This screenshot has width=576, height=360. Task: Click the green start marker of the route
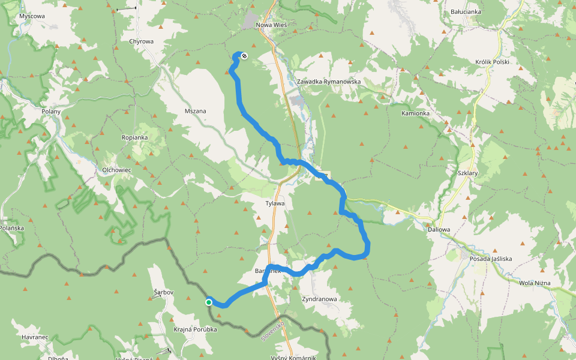point(209,302)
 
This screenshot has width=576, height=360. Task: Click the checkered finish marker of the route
point(244,56)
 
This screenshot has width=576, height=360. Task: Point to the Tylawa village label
point(275,203)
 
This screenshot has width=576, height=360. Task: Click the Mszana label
point(196,111)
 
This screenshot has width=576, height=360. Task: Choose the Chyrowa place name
point(142,41)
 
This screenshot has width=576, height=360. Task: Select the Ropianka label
point(134,137)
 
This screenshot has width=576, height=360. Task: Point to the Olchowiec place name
point(116,170)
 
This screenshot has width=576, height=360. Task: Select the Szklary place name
point(467,172)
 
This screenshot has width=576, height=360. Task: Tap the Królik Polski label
point(491,62)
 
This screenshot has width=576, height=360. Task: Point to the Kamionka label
point(416,113)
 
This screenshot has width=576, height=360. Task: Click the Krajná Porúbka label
point(196,329)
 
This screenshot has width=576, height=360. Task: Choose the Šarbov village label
point(163,292)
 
